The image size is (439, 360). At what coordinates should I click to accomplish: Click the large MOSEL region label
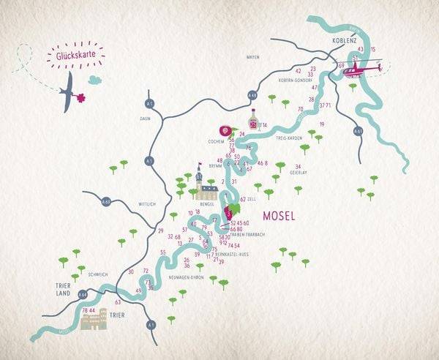coord(277,216)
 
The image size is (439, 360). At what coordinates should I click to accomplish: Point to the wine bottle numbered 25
coord(253,121)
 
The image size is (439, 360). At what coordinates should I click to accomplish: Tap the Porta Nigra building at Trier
coord(93,320)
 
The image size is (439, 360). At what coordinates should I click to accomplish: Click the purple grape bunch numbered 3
coord(230,211)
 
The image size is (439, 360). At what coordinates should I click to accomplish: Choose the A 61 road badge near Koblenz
coord(358,130)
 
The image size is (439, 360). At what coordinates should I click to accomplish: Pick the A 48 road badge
coord(252,94)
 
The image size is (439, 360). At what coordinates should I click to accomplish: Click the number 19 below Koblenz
coord(321,124)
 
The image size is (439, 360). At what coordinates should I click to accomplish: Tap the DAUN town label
coord(145,117)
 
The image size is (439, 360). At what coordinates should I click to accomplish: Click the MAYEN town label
coord(253,56)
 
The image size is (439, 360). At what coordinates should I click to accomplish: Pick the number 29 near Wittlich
coord(160,230)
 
